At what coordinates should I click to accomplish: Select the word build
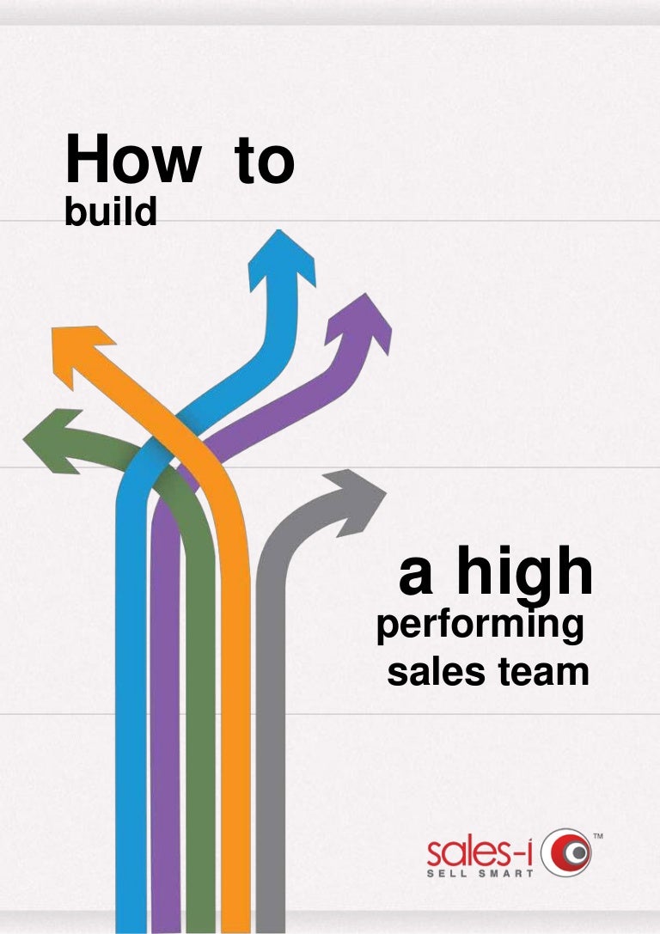pyautogui.click(x=111, y=211)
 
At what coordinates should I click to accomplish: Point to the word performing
pyautogui.click(x=480, y=626)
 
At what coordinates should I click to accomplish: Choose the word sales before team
pyautogui.click(x=436, y=671)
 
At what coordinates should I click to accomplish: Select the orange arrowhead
pyautogui.click(x=81, y=352)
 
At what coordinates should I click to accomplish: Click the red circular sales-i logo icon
pyautogui.click(x=565, y=852)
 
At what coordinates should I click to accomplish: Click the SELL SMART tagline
pyautogui.click(x=480, y=873)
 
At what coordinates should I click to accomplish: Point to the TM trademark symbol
pyautogui.click(x=598, y=836)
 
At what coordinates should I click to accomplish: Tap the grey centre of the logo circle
pyautogui.click(x=577, y=853)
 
